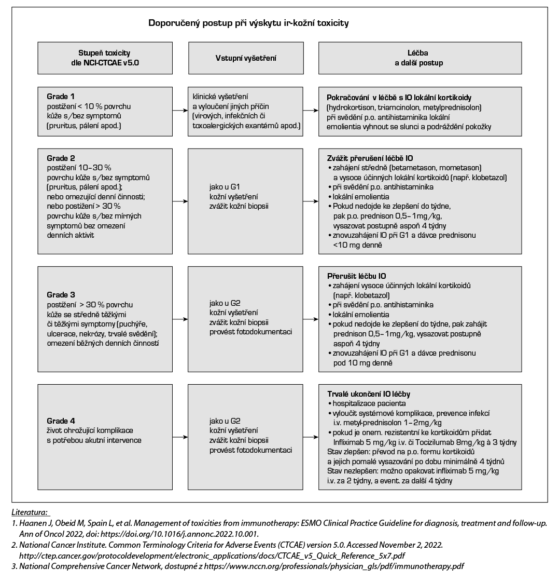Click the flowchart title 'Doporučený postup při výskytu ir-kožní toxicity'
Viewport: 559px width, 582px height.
coord(248,23)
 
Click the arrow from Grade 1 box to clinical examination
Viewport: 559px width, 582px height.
coord(180,110)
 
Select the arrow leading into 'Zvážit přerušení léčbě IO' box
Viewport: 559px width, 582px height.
coord(310,200)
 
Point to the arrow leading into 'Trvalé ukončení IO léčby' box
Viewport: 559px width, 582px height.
coord(310,436)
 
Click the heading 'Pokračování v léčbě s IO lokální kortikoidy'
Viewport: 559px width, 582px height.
coord(398,98)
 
